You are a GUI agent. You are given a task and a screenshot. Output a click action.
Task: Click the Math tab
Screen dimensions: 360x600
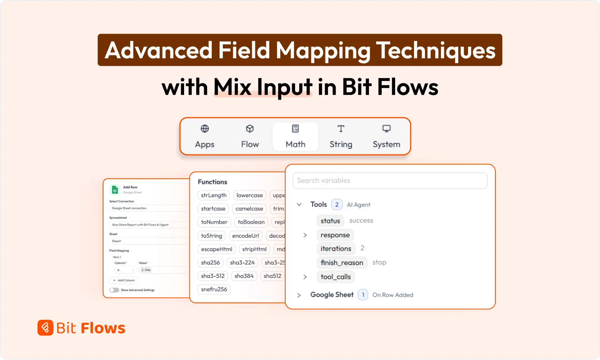tap(295, 137)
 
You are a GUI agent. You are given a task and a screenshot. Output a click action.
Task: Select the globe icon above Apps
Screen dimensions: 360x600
tap(205, 129)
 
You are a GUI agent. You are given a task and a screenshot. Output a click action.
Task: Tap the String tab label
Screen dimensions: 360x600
tap(341, 144)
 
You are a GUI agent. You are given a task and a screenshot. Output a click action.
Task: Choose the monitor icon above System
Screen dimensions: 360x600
tap(386, 129)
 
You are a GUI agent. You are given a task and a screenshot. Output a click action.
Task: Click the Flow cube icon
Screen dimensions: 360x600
tap(250, 129)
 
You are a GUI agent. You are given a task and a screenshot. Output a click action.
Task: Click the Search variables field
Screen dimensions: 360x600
tap(389, 181)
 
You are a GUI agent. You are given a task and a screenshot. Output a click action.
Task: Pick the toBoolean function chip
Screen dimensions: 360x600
tap(251, 222)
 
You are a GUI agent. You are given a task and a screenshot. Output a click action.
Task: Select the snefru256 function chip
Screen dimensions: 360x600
tap(214, 289)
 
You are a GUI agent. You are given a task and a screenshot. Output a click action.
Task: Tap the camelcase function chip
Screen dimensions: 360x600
tap(249, 209)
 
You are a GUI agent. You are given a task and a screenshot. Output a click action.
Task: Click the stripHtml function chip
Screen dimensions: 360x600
tap(254, 249)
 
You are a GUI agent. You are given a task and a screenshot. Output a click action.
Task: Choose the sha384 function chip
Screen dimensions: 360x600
tap(244, 276)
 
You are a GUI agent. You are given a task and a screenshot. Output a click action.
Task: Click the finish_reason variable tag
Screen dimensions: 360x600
tap(342, 263)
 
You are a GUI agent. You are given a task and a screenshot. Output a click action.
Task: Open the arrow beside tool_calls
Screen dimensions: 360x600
tap(305, 277)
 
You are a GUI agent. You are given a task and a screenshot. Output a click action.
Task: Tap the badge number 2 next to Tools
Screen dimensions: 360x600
tap(337, 204)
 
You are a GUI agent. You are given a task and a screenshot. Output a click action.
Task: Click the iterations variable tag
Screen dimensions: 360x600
tap(336, 249)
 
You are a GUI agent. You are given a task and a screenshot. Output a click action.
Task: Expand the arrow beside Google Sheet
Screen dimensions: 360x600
tap(299, 295)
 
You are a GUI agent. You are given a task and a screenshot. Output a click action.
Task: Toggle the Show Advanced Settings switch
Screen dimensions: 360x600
tap(114, 290)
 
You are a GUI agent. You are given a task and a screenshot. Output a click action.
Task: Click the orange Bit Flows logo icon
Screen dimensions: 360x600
tap(45, 328)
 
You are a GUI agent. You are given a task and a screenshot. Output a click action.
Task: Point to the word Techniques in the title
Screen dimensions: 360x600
tap(436, 50)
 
